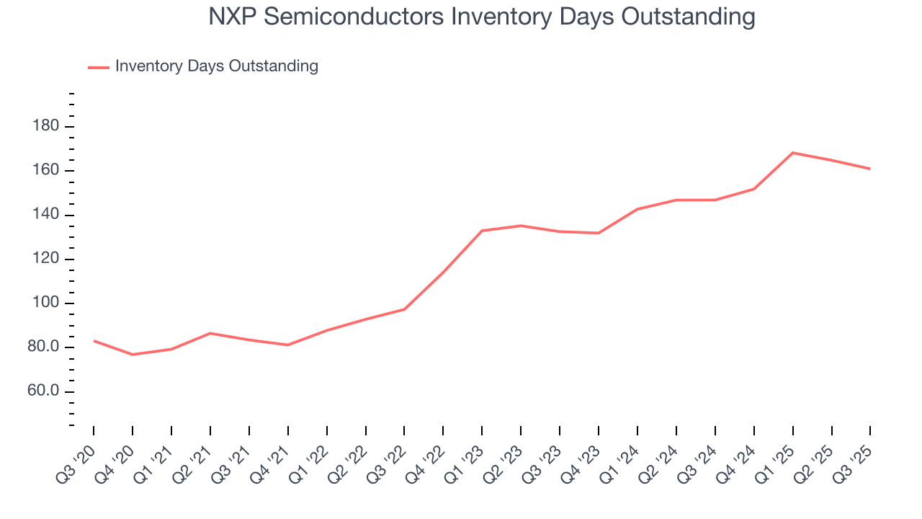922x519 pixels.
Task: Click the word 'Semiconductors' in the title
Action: [352, 17]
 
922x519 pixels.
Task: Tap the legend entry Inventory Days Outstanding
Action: [216, 66]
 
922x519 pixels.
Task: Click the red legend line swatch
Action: [98, 67]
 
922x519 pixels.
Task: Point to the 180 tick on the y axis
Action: [45, 127]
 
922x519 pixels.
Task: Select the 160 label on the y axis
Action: [45, 172]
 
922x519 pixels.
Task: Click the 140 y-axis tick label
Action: [45, 216]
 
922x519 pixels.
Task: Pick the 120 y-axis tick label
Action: [45, 259]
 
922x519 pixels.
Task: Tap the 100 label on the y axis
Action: [45, 303]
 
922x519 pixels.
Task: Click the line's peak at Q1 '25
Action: [792, 153]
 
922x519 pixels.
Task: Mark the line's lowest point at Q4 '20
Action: [133, 355]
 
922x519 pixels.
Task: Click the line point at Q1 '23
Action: [482, 231]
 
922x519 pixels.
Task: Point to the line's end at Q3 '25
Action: [870, 169]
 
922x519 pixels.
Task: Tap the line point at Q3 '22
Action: [404, 309]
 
